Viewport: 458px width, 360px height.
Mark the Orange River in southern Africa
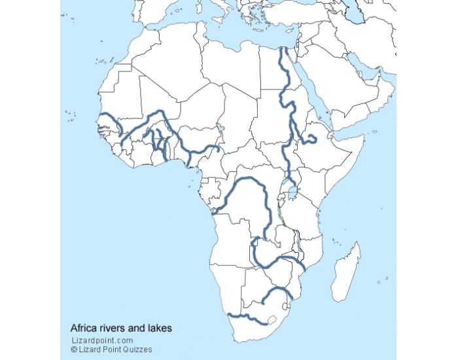(249, 319)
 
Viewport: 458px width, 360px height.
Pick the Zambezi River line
(275, 261)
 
